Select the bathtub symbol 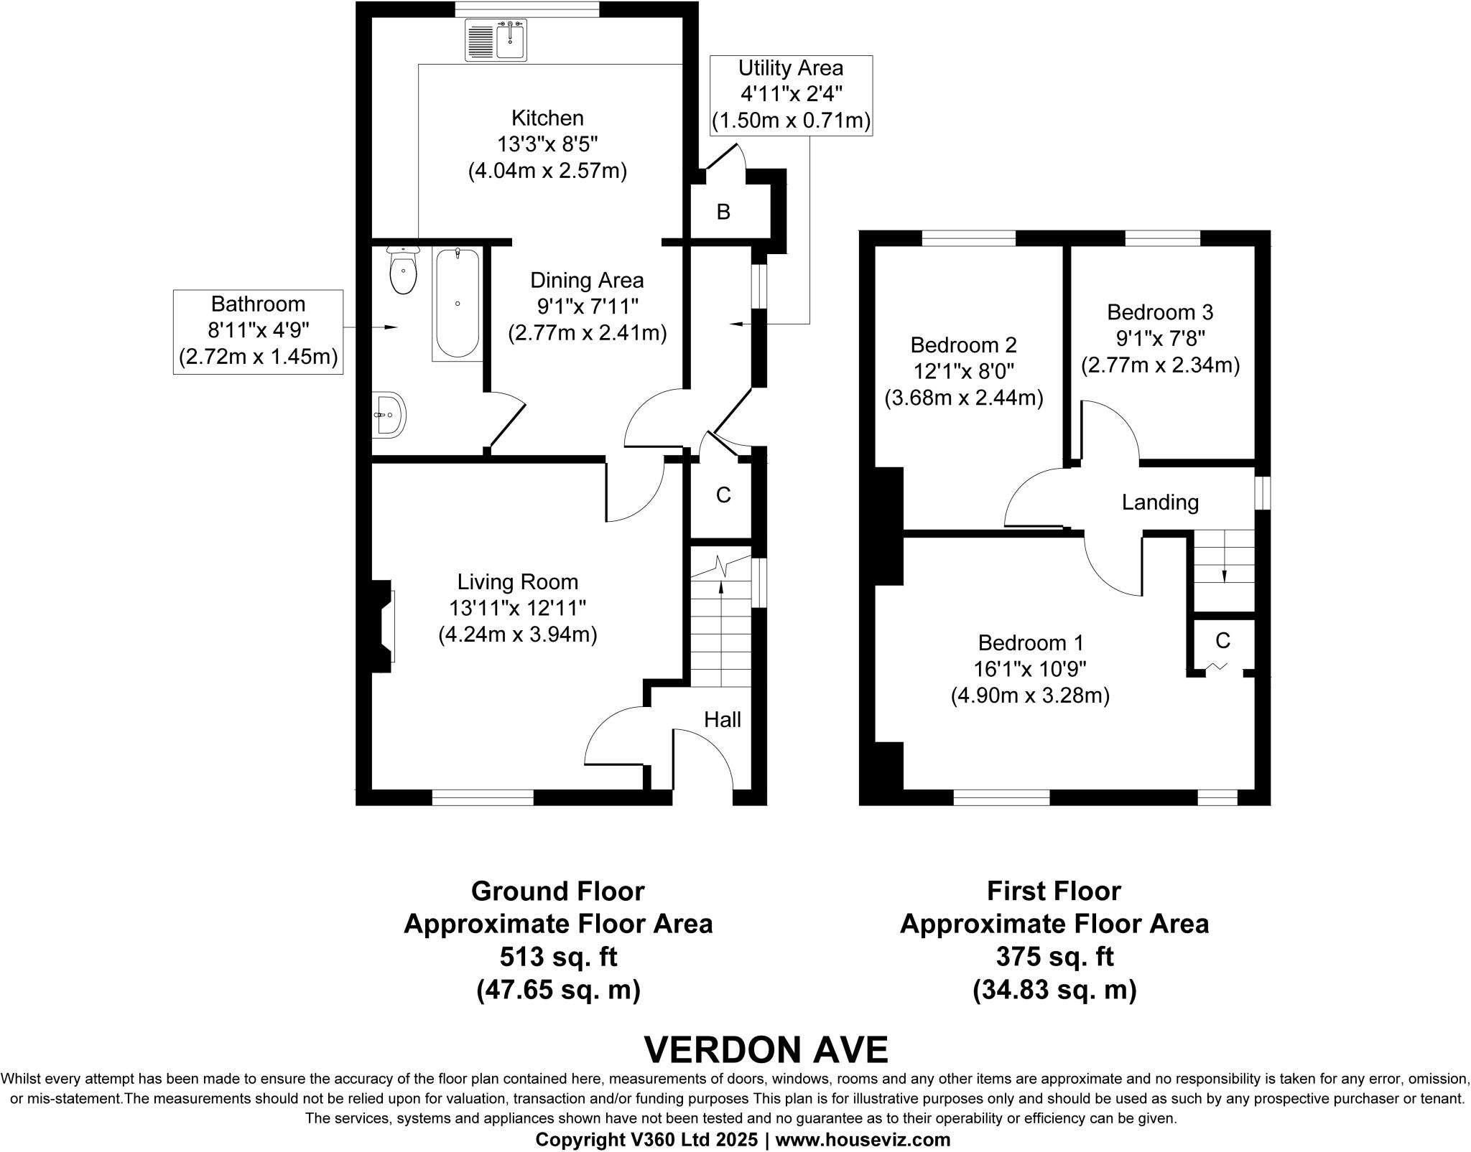pos(458,303)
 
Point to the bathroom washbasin pos(390,414)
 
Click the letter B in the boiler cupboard pos(723,212)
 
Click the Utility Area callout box pos(791,95)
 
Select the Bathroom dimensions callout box pos(258,331)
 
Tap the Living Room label pos(517,581)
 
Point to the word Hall pos(722,720)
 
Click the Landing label pos(1160,502)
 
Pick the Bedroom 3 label pos(1160,312)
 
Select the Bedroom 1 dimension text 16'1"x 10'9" pos(1030,669)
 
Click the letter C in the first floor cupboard pos(1222,640)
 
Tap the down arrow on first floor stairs pos(1224,575)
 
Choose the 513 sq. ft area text pos(558,957)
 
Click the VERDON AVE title pos(766,1050)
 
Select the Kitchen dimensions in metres pos(547,172)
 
